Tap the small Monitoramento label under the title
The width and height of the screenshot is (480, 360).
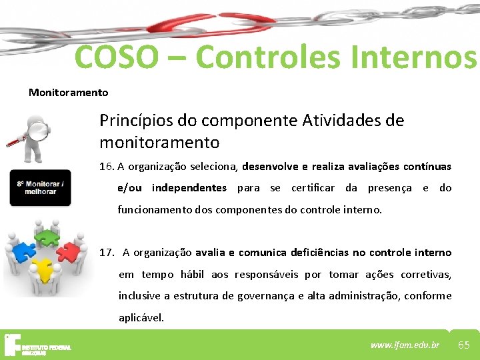68,93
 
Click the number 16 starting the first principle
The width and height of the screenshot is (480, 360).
105,166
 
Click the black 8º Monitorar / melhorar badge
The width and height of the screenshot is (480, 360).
40,187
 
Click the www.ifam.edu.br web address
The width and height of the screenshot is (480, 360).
405,345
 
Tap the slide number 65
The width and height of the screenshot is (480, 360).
464,345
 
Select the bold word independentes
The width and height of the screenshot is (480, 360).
189,188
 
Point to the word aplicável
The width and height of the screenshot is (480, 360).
141,317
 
